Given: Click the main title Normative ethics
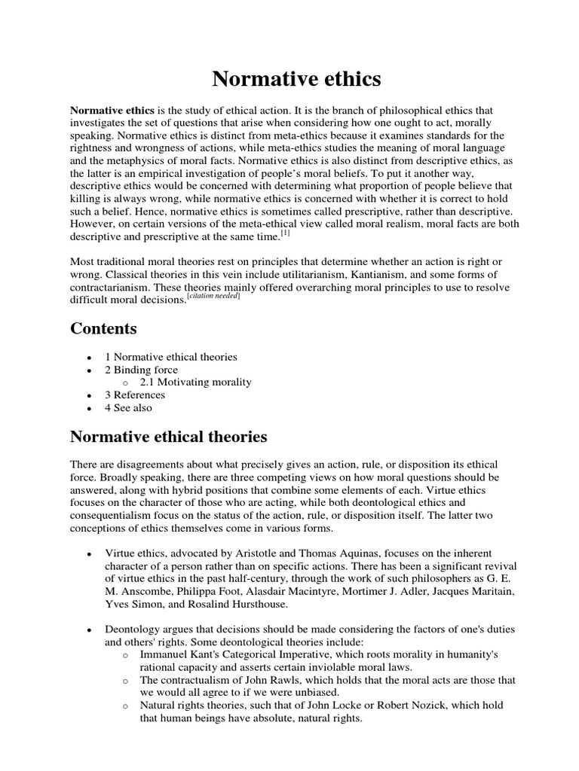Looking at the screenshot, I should tap(296, 79).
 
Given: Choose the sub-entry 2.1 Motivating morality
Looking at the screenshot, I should tap(195, 382).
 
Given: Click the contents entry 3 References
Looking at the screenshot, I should tap(135, 395).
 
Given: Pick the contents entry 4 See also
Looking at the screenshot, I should tap(129, 407).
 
